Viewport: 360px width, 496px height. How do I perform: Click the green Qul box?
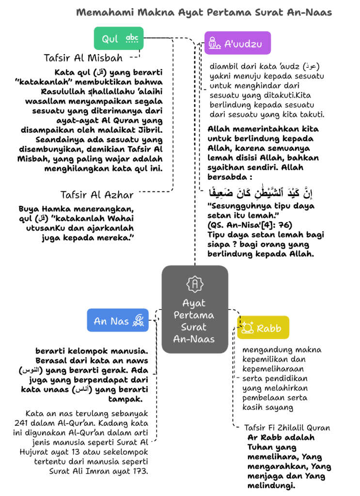click(x=119, y=38)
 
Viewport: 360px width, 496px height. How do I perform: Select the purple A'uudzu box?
click(x=237, y=43)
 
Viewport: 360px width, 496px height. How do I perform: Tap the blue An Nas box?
click(x=118, y=320)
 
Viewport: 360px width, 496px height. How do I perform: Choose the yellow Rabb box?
click(x=263, y=327)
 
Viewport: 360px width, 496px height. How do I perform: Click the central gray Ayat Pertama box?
click(x=195, y=309)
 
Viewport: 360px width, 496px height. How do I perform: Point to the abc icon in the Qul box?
click(x=132, y=38)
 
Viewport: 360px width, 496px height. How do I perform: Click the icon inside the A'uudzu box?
click(x=213, y=44)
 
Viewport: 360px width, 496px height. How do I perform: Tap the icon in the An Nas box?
click(x=139, y=320)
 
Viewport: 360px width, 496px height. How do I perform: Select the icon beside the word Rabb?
click(x=247, y=328)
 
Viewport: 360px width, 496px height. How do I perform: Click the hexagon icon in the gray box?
click(x=195, y=284)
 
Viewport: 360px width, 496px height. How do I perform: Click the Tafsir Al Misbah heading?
click(x=83, y=58)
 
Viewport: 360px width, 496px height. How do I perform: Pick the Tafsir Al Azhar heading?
click(x=96, y=195)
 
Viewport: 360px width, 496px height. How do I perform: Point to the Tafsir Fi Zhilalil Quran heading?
click(x=287, y=428)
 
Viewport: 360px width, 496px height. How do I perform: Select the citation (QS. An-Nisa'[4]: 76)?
click(x=250, y=225)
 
